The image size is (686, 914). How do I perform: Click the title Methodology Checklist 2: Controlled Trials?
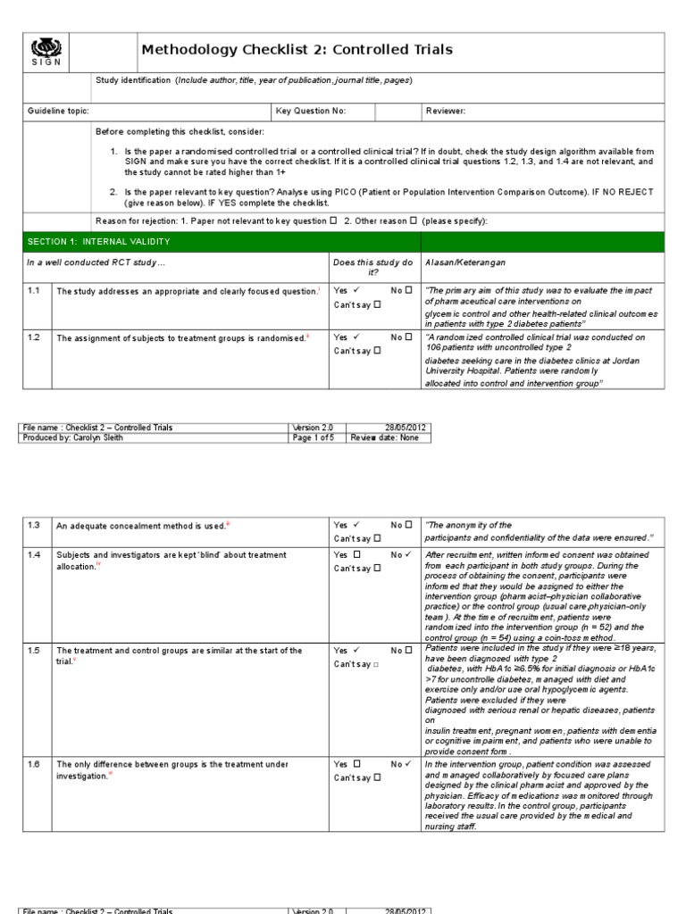point(297,50)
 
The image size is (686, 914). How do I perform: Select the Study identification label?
point(133,80)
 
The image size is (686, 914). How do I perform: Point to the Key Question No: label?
point(310,111)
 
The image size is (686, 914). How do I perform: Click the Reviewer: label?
point(446,111)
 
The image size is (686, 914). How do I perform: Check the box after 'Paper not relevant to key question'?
point(333,220)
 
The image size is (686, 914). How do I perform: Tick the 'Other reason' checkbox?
point(413,220)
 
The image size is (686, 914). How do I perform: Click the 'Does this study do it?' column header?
point(372,268)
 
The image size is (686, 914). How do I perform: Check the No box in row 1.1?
point(408,290)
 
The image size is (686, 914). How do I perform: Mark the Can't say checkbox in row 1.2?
point(377,351)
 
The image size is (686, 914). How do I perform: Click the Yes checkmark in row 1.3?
point(356,525)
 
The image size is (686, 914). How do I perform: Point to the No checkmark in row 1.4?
point(408,554)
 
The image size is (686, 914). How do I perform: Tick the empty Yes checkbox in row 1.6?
point(356,764)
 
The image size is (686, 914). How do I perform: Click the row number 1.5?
point(34,650)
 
